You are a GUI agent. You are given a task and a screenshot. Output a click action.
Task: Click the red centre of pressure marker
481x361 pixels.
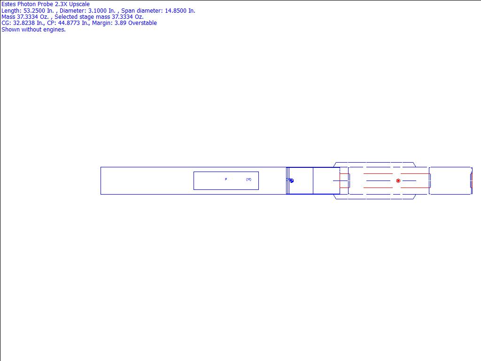point(398,181)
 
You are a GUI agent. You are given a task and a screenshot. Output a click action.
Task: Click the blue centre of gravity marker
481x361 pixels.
point(292,181)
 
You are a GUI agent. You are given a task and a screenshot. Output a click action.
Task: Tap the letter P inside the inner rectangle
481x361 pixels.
point(226,179)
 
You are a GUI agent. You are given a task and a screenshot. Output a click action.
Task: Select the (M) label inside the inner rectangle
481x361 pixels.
point(249,180)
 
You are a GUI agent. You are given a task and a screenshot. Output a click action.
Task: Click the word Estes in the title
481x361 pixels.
point(8,4)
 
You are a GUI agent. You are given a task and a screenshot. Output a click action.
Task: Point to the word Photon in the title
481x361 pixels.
point(26,4)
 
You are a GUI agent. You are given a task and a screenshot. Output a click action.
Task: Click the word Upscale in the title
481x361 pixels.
point(79,4)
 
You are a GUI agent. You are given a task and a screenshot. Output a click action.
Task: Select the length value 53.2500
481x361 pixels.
point(34,11)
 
